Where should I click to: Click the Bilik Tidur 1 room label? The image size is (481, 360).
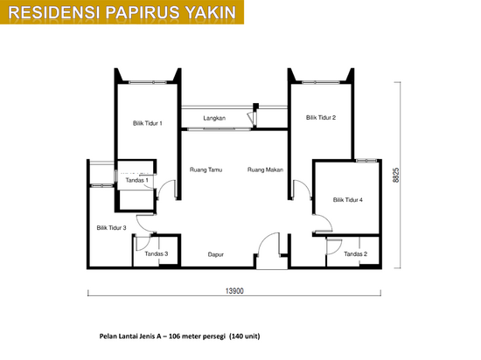pos(147,123)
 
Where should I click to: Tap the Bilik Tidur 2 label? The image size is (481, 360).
pos(321,117)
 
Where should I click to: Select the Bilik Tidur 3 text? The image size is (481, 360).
pos(111,228)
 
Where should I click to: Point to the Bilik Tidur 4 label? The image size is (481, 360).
pos(348,200)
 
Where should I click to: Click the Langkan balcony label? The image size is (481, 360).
pos(214,118)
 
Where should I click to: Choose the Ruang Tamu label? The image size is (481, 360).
pos(206,170)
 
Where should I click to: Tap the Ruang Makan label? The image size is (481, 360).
pos(265,170)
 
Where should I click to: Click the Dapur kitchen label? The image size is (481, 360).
pos(216,254)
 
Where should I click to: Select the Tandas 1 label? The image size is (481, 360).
pos(136,180)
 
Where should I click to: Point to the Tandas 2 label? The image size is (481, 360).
pos(356,253)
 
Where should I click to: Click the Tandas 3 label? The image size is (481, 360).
pos(157,253)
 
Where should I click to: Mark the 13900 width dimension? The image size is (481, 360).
pos(234,291)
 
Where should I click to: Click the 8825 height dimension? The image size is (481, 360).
pos(396,175)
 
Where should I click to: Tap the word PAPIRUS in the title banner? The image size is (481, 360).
pos(143,12)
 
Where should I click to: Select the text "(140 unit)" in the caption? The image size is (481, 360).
pos(245,336)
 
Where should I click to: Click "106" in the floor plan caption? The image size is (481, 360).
pos(174,336)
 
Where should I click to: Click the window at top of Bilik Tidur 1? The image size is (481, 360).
pos(148,82)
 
